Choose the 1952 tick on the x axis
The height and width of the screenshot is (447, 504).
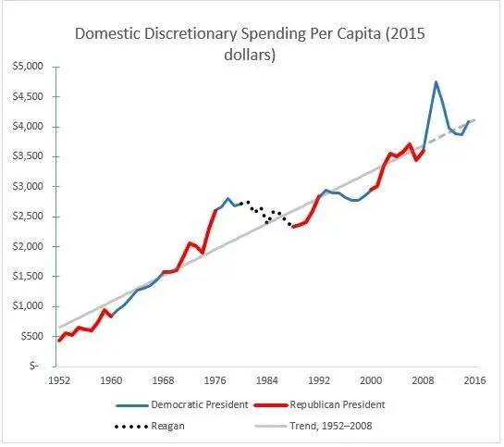[x=59, y=379]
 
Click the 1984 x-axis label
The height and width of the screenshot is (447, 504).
[x=267, y=379]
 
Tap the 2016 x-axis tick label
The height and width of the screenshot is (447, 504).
[x=475, y=379]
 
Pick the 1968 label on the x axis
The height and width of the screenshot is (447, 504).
[x=163, y=379]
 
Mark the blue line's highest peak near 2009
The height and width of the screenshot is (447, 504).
[x=436, y=82]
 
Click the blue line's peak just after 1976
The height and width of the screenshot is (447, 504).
[x=227, y=198]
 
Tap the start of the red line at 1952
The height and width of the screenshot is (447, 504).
[x=59, y=341]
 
